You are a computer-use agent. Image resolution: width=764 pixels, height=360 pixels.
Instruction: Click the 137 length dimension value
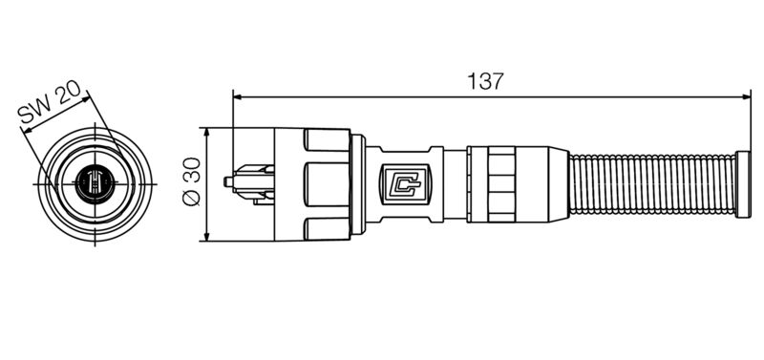[x=485, y=81]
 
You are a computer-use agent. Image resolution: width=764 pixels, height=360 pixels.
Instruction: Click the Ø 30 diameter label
[x=190, y=182]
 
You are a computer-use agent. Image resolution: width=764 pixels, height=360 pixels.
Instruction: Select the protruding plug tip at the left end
[x=230, y=180]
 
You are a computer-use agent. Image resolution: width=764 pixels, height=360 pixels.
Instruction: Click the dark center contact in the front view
[x=95, y=181]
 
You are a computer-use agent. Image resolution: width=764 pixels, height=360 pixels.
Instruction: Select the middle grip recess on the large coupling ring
[x=325, y=181]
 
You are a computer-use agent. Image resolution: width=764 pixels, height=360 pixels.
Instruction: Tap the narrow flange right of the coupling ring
[x=358, y=181]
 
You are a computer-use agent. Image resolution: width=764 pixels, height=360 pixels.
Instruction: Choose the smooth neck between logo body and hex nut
[x=455, y=181]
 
